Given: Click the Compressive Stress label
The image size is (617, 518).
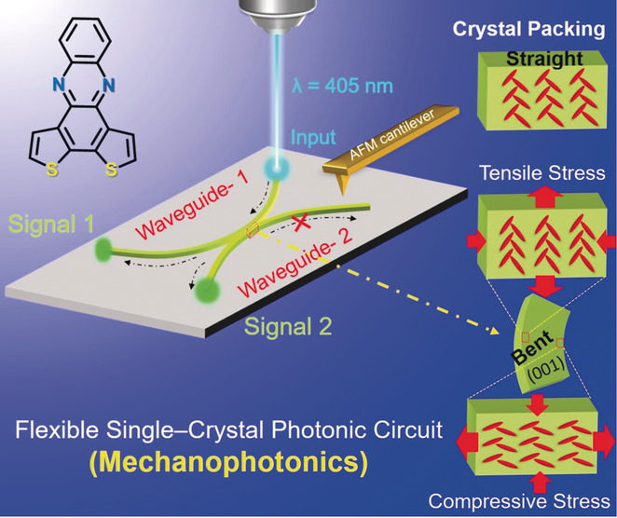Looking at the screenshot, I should tap(531, 499).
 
